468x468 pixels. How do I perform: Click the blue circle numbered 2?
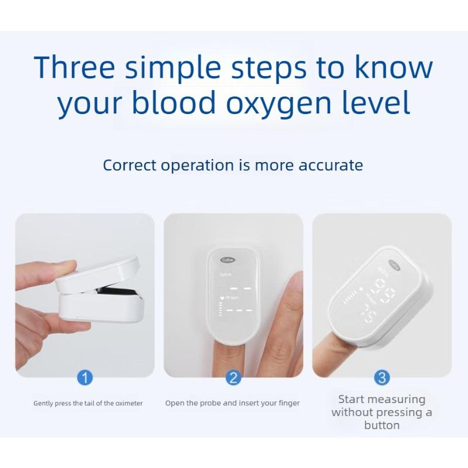pos(233,377)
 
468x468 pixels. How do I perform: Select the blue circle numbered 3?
pos(381,377)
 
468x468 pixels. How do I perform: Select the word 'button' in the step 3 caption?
pos(381,425)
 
